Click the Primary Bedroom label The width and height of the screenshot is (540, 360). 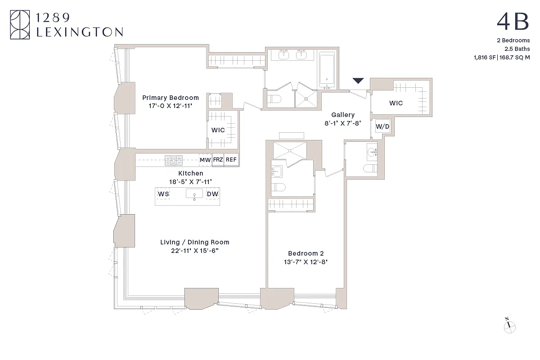click(x=171, y=98)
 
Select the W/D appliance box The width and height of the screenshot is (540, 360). click(x=382, y=127)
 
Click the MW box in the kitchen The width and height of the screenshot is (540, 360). click(x=205, y=160)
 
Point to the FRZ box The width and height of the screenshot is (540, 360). click(x=218, y=160)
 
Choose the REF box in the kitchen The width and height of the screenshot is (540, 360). click(x=231, y=160)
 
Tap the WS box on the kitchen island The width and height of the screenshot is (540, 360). click(x=163, y=194)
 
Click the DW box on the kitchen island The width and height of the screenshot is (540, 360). click(x=212, y=194)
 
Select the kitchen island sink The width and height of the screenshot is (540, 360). click(x=194, y=194)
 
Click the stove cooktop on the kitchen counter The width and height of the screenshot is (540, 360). click(x=173, y=159)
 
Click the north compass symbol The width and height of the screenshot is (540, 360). click(x=509, y=327)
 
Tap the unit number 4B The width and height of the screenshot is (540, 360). click(x=513, y=21)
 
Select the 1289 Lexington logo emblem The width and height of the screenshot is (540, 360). click(x=19, y=25)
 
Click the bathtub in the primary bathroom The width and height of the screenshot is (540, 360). click(x=327, y=69)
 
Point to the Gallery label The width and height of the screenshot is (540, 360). click(x=343, y=115)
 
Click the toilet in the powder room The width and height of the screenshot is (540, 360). click(x=370, y=169)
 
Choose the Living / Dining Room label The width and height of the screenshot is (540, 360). click(x=195, y=242)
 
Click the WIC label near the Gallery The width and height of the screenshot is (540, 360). click(x=396, y=103)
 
